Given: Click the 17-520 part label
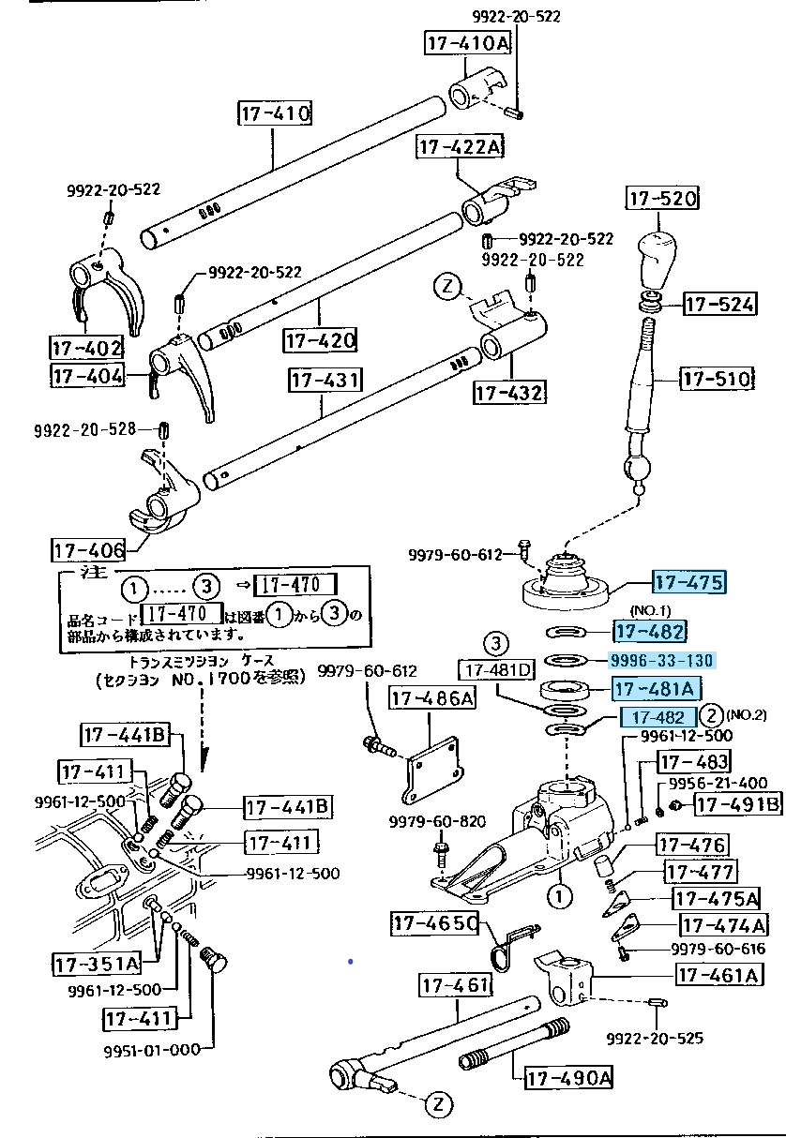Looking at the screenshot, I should click(661, 200).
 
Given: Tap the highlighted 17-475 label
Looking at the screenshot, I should click(689, 583).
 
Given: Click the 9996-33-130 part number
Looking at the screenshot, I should click(662, 661).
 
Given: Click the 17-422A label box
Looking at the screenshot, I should click(460, 147).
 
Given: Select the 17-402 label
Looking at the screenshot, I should click(86, 348).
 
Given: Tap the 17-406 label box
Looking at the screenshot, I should click(89, 550).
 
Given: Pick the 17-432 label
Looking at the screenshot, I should click(510, 392).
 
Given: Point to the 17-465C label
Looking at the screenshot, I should click(435, 924).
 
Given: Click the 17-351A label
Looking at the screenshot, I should click(96, 963).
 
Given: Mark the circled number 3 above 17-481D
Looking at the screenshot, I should click(496, 644).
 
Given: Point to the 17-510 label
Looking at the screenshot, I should click(717, 379).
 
